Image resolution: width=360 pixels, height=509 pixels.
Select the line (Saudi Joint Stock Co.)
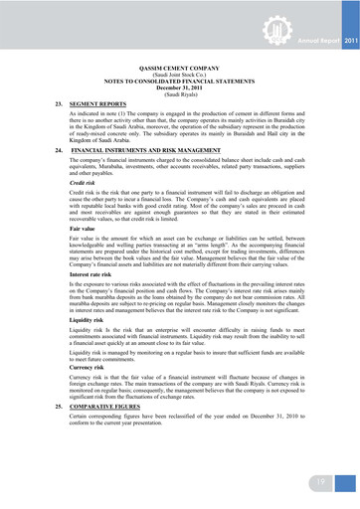click(x=180, y=77)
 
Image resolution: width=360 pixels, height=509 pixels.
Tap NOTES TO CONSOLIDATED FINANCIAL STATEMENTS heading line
click(x=180, y=83)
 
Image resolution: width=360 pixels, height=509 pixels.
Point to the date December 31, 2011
click(x=180, y=88)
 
